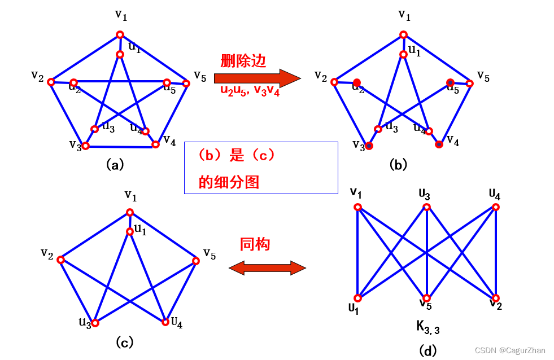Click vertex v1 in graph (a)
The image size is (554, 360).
click(120, 34)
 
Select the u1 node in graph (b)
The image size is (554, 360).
click(403, 54)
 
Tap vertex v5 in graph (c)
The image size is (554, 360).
click(196, 261)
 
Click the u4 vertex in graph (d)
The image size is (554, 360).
click(495, 207)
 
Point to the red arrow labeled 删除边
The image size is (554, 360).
click(257, 78)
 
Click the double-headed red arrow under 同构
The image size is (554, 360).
click(267, 267)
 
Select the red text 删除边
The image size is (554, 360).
click(243, 61)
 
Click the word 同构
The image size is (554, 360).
click(255, 244)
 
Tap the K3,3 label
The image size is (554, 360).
click(428, 327)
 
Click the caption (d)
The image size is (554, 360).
click(428, 350)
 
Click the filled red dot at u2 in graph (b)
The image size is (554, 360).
click(357, 83)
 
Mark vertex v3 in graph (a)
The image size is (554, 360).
click(86, 146)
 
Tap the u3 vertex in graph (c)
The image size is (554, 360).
click(95, 323)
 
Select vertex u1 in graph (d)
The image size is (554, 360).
click(357, 298)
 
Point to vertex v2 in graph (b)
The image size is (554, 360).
click(334, 82)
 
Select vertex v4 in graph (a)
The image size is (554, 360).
click(155, 144)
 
